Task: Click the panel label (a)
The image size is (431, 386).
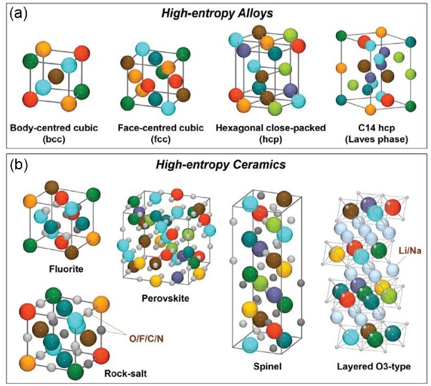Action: click(19, 15)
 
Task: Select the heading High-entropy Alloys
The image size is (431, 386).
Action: click(217, 13)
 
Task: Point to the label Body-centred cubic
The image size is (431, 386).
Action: click(54, 128)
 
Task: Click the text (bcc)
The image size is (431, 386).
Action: click(54, 140)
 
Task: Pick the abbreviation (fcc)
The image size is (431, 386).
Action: click(161, 140)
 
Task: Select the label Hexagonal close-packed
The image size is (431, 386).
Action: click(271, 128)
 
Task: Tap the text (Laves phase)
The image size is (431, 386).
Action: click(377, 140)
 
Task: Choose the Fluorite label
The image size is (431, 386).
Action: click(66, 269)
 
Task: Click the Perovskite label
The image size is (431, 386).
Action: click(165, 298)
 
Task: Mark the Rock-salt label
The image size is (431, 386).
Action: click(126, 374)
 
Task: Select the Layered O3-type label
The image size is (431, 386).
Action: click(374, 367)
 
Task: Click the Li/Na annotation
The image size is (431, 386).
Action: click(410, 251)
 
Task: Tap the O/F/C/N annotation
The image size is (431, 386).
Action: click(146, 339)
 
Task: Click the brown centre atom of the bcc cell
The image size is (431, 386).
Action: click(56, 76)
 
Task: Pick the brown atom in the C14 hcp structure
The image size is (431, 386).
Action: click(387, 76)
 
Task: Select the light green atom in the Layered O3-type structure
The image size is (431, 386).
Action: click(389, 296)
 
